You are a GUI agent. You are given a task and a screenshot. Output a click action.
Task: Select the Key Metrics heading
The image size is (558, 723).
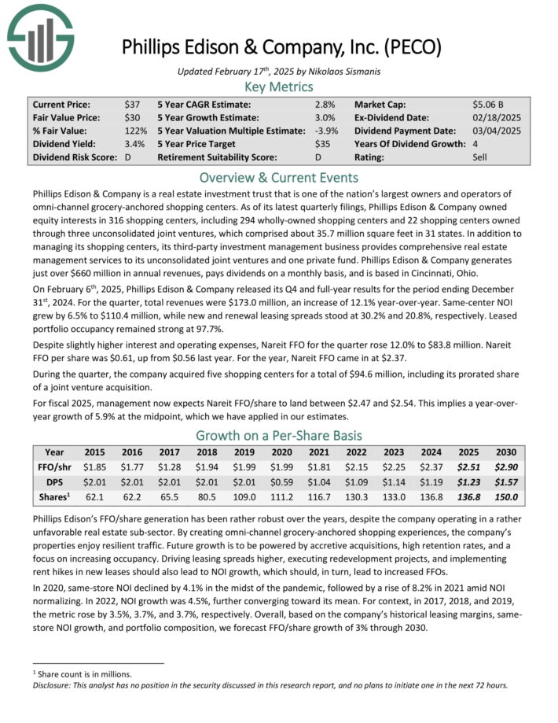point(279,87)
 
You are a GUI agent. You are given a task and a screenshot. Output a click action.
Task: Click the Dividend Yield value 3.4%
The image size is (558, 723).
point(134,145)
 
